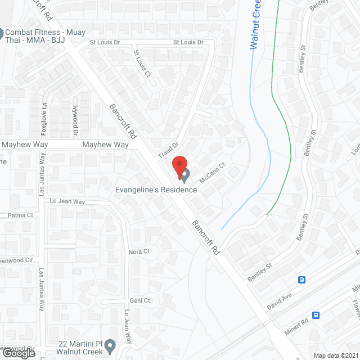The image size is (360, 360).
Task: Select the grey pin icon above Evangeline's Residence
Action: click(x=185, y=176)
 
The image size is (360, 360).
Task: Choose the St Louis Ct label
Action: click(x=142, y=64)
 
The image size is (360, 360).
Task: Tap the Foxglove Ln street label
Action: click(x=44, y=119)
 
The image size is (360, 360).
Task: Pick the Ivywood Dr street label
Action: click(x=74, y=120)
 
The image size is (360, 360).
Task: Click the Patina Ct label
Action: click(x=21, y=215)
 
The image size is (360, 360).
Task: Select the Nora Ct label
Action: click(x=139, y=251)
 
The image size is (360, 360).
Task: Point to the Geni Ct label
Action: click(x=139, y=300)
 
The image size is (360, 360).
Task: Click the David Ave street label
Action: click(x=280, y=298)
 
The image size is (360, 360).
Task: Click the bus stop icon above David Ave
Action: click(x=301, y=279)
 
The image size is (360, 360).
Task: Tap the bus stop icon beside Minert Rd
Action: click(x=316, y=316)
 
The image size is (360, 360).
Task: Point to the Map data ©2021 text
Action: click(x=335, y=355)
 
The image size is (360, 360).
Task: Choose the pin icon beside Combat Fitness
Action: click(x=2, y=33)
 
